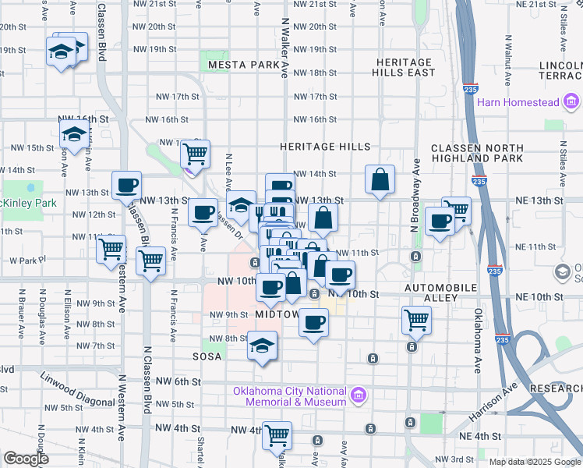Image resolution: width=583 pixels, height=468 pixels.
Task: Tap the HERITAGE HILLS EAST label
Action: pos(405,67)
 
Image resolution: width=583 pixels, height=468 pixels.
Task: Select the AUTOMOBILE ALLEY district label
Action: pos(440,288)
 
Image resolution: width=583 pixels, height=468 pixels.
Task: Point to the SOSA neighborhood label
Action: pos(209,356)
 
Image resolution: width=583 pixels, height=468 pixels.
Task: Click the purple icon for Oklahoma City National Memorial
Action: pos(358,395)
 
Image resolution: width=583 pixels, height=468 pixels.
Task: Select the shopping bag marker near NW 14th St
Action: pos(379,179)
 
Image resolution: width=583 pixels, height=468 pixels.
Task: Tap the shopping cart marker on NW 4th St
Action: pos(277,434)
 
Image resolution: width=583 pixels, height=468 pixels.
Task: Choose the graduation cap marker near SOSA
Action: pos(263,346)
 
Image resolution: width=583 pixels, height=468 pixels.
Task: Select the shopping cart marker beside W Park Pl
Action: pos(111,250)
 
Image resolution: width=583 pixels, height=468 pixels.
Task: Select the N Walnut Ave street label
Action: pos(507,54)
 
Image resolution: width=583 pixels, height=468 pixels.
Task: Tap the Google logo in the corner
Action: pos(26,459)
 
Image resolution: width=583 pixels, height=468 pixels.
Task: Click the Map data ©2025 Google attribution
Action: pos(534,462)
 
